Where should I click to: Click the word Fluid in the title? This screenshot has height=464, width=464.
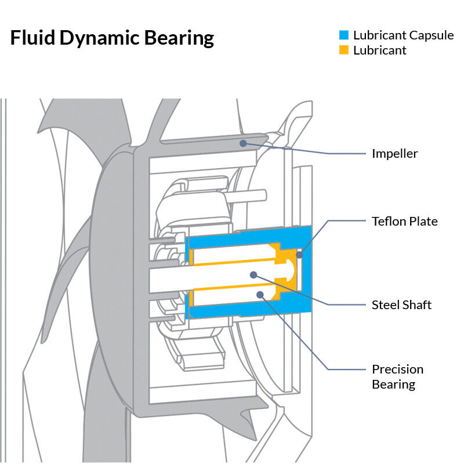click(32, 38)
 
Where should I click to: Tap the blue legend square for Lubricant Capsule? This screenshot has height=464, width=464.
click(344, 35)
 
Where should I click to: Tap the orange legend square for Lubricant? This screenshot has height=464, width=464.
click(344, 50)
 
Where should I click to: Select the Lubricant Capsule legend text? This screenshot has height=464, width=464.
click(403, 35)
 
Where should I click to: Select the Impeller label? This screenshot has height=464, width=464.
click(394, 154)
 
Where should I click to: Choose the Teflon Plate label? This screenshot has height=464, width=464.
click(404, 221)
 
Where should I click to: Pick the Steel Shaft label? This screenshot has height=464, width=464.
click(401, 304)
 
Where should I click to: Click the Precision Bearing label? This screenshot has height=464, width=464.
click(397, 376)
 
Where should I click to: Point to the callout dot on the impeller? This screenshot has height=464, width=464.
click(244, 142)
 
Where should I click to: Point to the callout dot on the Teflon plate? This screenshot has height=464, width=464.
click(299, 254)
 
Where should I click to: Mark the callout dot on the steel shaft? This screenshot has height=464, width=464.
click(253, 274)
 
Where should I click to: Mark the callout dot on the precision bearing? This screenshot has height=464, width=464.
click(260, 295)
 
